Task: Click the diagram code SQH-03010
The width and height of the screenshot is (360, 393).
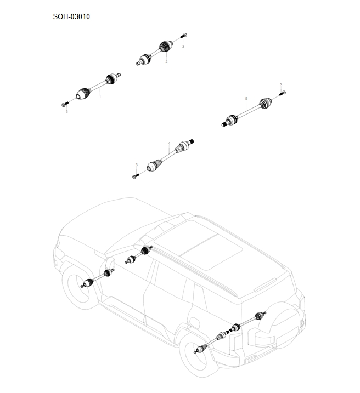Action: [71, 17]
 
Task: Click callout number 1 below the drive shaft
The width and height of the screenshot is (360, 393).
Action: [100, 97]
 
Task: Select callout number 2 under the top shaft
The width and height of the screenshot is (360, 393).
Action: [166, 61]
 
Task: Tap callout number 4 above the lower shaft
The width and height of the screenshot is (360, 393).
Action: [169, 144]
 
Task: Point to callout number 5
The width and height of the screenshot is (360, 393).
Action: [246, 99]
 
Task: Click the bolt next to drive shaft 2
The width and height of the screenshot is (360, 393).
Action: [184, 36]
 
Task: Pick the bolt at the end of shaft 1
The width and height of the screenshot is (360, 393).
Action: [65, 104]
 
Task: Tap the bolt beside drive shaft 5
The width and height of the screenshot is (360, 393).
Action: [283, 93]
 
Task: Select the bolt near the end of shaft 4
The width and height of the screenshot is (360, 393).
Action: [136, 176]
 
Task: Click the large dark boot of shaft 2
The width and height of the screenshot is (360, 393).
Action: [166, 47]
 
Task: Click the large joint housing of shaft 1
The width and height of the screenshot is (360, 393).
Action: [83, 94]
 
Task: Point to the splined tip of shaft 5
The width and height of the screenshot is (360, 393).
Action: [224, 124]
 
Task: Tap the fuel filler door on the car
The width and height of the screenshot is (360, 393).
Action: [195, 321]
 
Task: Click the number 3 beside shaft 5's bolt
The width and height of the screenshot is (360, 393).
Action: [281, 85]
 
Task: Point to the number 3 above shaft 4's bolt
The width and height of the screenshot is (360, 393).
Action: [137, 164]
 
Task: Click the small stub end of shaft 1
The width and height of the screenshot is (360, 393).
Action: [118, 75]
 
